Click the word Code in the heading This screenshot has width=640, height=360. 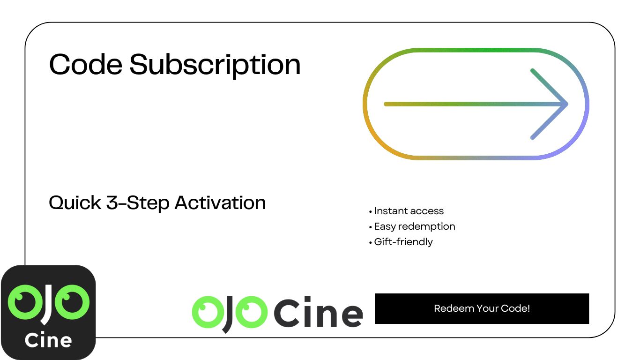tap(86, 64)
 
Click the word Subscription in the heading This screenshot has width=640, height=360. tap(215, 66)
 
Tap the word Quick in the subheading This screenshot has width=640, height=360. tap(75, 202)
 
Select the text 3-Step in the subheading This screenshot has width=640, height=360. tap(138, 203)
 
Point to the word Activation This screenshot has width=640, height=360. tap(220, 202)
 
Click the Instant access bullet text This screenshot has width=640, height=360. tap(409, 211)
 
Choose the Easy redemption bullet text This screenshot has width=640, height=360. tap(415, 226)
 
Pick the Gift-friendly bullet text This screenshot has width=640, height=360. tap(403, 242)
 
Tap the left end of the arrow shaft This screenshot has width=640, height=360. tap(386, 104)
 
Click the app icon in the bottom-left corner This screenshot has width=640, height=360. tap(48, 312)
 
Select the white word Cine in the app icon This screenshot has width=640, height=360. tap(48, 340)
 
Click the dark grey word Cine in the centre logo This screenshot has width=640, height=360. tap(319, 312)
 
